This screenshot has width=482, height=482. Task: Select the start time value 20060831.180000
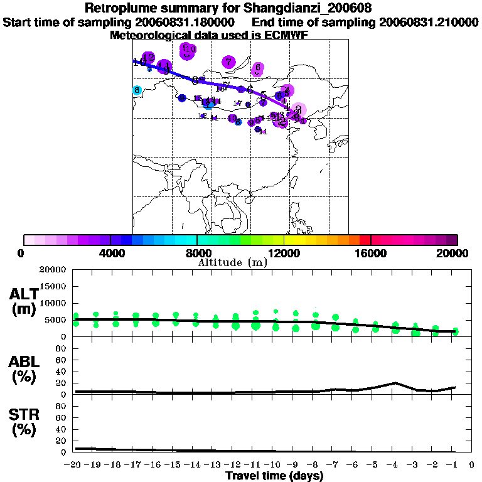186,22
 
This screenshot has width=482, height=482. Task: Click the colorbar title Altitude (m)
233,262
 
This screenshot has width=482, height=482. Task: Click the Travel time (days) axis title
275,476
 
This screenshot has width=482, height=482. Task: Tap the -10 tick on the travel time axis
275,465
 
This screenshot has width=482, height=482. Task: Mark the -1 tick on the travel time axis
454,465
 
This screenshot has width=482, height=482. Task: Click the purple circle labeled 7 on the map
228,62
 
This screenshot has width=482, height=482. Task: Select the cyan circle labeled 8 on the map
137,90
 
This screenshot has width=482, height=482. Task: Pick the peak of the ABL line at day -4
395,382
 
